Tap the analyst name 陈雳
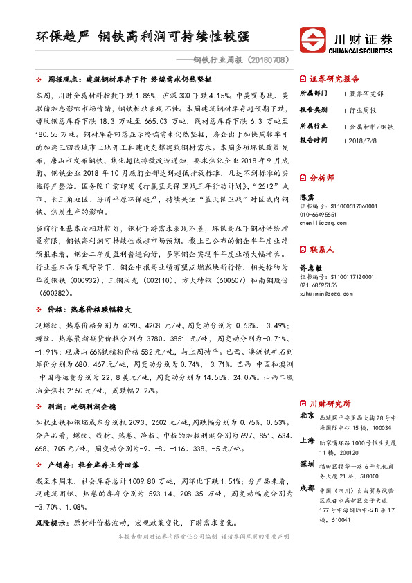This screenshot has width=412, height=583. pyautogui.click(x=307, y=197)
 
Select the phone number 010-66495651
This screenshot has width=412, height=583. pyautogui.click(x=321, y=215)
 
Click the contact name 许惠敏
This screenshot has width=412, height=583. pyautogui.click(x=311, y=267)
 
